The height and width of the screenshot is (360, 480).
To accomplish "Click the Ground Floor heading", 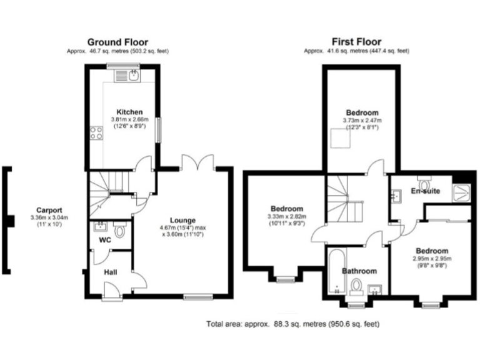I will point(117,42).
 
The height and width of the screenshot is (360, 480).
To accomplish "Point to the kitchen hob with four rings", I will point(97,132).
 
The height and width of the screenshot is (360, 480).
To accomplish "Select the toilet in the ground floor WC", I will point(121,231).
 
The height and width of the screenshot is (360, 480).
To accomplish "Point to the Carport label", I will point(49,210).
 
